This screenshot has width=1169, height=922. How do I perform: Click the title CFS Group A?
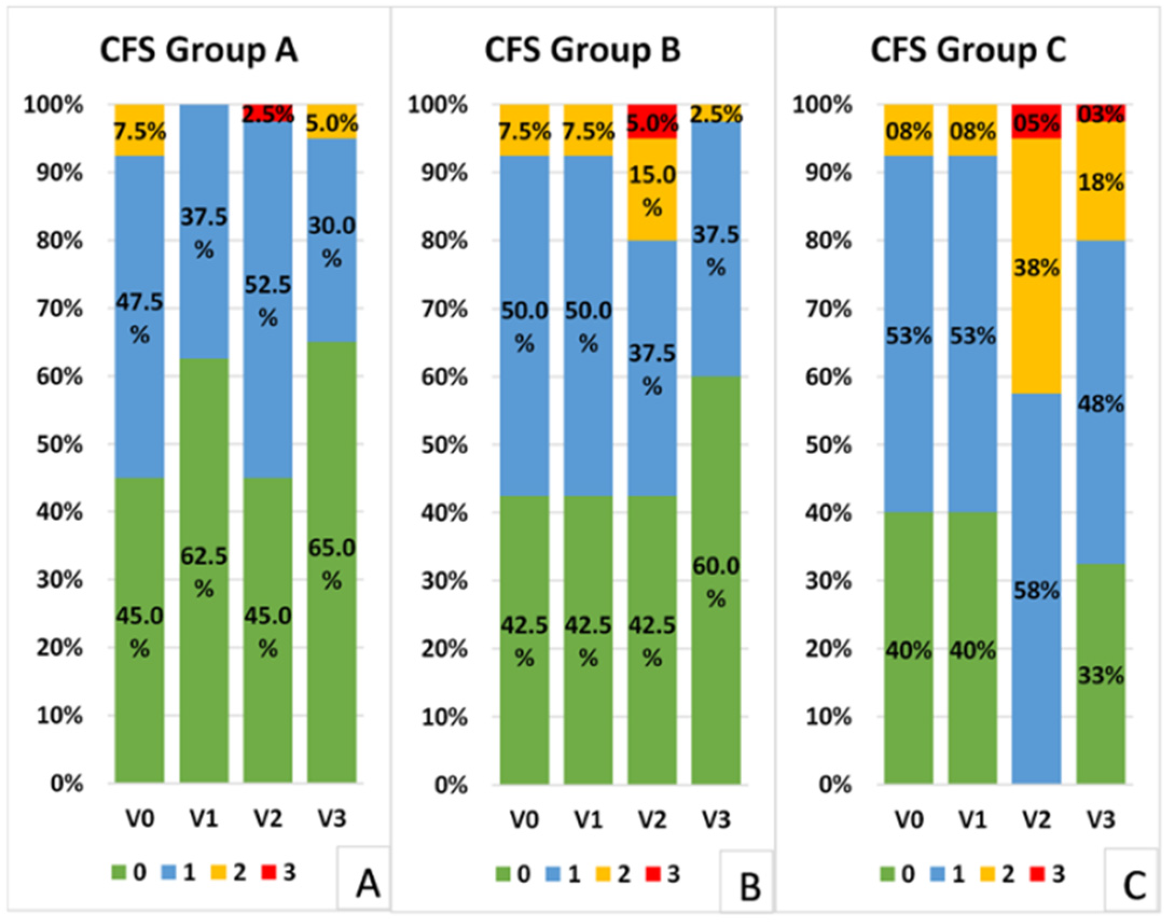coord(199,51)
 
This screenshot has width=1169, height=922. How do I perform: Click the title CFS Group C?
coord(968,51)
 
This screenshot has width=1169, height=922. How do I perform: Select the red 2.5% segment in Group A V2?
coord(268,113)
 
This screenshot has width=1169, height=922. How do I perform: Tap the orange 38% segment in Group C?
coord(1036,266)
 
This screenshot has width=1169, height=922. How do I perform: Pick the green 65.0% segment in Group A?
coord(331,562)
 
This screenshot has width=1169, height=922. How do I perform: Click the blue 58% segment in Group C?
coord(1036,589)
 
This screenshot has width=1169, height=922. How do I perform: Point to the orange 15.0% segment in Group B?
coord(652,190)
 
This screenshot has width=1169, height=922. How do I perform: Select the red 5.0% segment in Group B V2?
coord(652,122)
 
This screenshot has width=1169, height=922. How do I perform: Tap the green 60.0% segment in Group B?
coord(716,580)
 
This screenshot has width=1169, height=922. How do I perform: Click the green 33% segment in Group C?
coord(1101,674)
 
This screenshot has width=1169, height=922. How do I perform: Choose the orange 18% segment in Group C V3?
coord(1101,181)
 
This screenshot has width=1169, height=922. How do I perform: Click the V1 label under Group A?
coord(204,820)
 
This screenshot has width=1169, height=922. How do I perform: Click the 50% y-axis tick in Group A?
coord(60,445)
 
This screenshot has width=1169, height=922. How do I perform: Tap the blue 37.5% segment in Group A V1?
coord(204,232)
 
